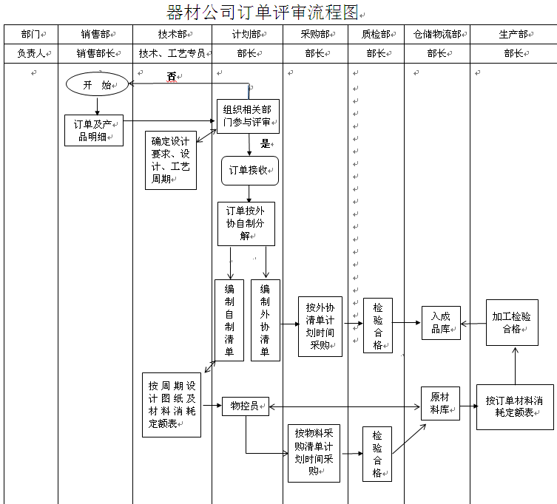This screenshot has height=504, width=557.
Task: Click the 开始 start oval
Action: coord(96,84)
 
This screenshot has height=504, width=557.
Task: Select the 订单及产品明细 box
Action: coord(93,129)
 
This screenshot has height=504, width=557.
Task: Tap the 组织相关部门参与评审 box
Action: coord(247,116)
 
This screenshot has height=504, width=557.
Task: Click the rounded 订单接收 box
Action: coord(249,170)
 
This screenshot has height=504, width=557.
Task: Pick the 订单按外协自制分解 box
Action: coord(246,223)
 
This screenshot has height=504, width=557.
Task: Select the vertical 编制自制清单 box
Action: coord(229,319)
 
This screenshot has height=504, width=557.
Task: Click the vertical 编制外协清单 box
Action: coord(266,319)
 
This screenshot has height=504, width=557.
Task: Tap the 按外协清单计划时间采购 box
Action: coord(320,326)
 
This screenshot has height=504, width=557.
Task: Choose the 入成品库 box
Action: coord(441,322)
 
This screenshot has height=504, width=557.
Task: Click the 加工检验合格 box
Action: coord(512,322)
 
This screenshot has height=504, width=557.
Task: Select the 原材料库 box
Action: coord(440,403)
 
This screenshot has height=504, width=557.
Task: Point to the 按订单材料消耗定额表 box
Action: coord(515,406)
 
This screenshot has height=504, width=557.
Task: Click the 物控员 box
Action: coord(245,406)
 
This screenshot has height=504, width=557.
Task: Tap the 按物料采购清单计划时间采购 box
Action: coord(314,452)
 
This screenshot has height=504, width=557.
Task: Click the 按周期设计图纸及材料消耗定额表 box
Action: coord(171,404)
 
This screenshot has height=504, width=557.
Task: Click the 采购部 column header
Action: coord(314,34)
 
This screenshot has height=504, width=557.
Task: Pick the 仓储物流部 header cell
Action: coord(436,34)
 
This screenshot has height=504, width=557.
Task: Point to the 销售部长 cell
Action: coord(95,53)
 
